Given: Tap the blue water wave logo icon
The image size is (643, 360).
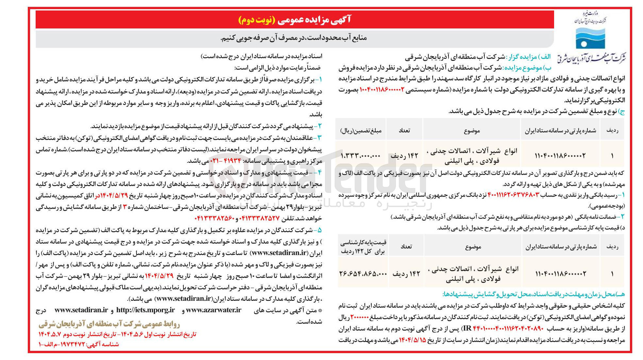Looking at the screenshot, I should (x=590, y=38).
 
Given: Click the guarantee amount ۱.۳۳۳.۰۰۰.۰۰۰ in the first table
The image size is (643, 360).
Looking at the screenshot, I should (x=361, y=156).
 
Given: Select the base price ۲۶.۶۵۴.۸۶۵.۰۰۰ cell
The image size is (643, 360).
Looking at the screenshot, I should (x=363, y=274).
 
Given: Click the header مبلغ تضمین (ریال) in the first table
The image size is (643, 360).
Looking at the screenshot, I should (x=361, y=130).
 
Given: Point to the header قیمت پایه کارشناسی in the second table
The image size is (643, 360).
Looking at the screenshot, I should (x=363, y=247).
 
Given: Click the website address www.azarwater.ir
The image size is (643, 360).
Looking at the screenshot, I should (x=213, y=310).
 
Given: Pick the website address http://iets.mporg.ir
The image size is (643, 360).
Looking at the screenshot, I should (x=145, y=310).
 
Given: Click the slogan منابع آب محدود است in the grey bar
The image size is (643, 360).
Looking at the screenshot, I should (x=294, y=38).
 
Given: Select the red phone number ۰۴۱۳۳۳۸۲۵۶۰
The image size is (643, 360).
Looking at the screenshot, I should (x=205, y=218).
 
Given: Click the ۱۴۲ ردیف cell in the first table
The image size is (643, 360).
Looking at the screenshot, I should (x=404, y=156).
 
